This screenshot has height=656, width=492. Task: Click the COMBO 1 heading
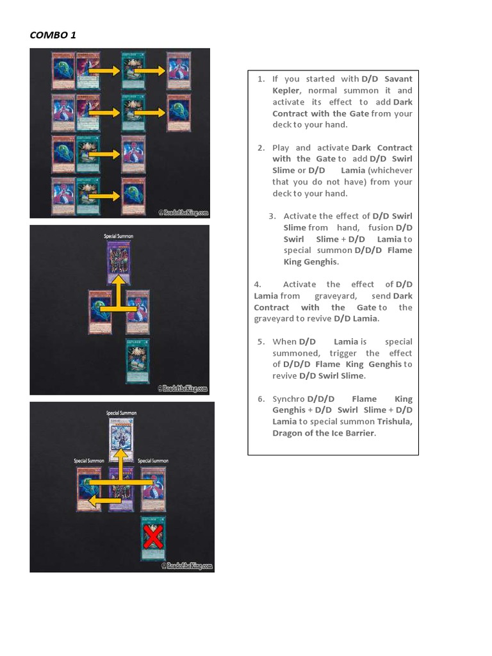(53, 35)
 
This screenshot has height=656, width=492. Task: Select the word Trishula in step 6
(394, 422)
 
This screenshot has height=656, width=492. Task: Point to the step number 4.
(258, 284)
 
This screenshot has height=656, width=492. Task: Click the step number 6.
(261, 398)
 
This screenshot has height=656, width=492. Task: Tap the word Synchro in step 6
(288, 398)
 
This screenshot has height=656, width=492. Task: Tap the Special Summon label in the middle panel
(119, 236)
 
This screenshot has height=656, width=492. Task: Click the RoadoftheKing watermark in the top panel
(183, 213)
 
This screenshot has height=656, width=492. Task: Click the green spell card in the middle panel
(137, 361)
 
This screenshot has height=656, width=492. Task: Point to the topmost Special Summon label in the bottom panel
(121, 414)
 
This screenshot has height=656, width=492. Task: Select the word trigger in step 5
(345, 353)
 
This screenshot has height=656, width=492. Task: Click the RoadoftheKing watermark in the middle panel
(183, 388)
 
